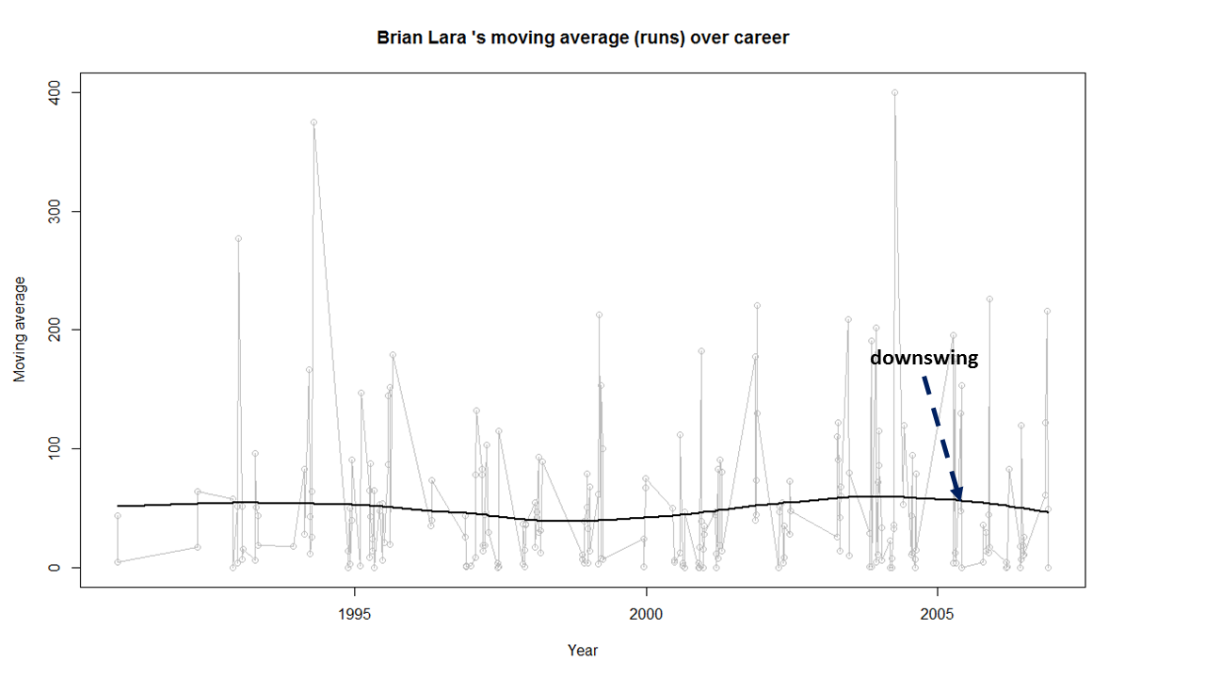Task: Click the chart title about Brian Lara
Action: tap(582, 39)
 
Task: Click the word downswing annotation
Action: tap(924, 359)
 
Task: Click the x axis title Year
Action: tap(582, 651)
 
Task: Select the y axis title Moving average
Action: tap(20, 330)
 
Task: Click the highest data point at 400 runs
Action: tap(894, 92)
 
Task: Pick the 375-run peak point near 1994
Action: tap(313, 122)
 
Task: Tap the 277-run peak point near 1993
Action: tap(238, 238)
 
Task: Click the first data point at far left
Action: tap(118, 515)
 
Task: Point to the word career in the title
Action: tap(761, 39)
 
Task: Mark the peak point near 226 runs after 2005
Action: tap(989, 299)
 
